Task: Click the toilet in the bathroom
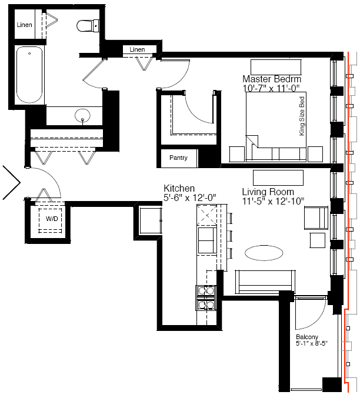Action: click(x=88, y=26)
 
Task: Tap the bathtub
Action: click(x=29, y=75)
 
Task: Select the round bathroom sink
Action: click(x=82, y=116)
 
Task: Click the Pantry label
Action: click(x=178, y=158)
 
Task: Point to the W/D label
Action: click(x=52, y=219)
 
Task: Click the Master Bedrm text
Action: click(x=272, y=79)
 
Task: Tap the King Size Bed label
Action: click(x=302, y=116)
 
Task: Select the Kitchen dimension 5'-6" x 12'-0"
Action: click(x=190, y=198)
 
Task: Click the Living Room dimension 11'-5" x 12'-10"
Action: click(x=273, y=201)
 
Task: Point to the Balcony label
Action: click(x=307, y=337)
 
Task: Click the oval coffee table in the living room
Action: click(x=264, y=253)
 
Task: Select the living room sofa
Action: click(x=265, y=282)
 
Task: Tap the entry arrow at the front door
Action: click(x=12, y=183)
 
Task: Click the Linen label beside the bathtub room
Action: click(x=25, y=25)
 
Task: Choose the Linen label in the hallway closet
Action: click(x=137, y=49)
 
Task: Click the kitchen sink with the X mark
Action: click(x=206, y=215)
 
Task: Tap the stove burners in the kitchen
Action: click(x=206, y=298)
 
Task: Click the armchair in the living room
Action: click(x=316, y=217)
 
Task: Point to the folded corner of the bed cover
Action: click(x=252, y=141)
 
